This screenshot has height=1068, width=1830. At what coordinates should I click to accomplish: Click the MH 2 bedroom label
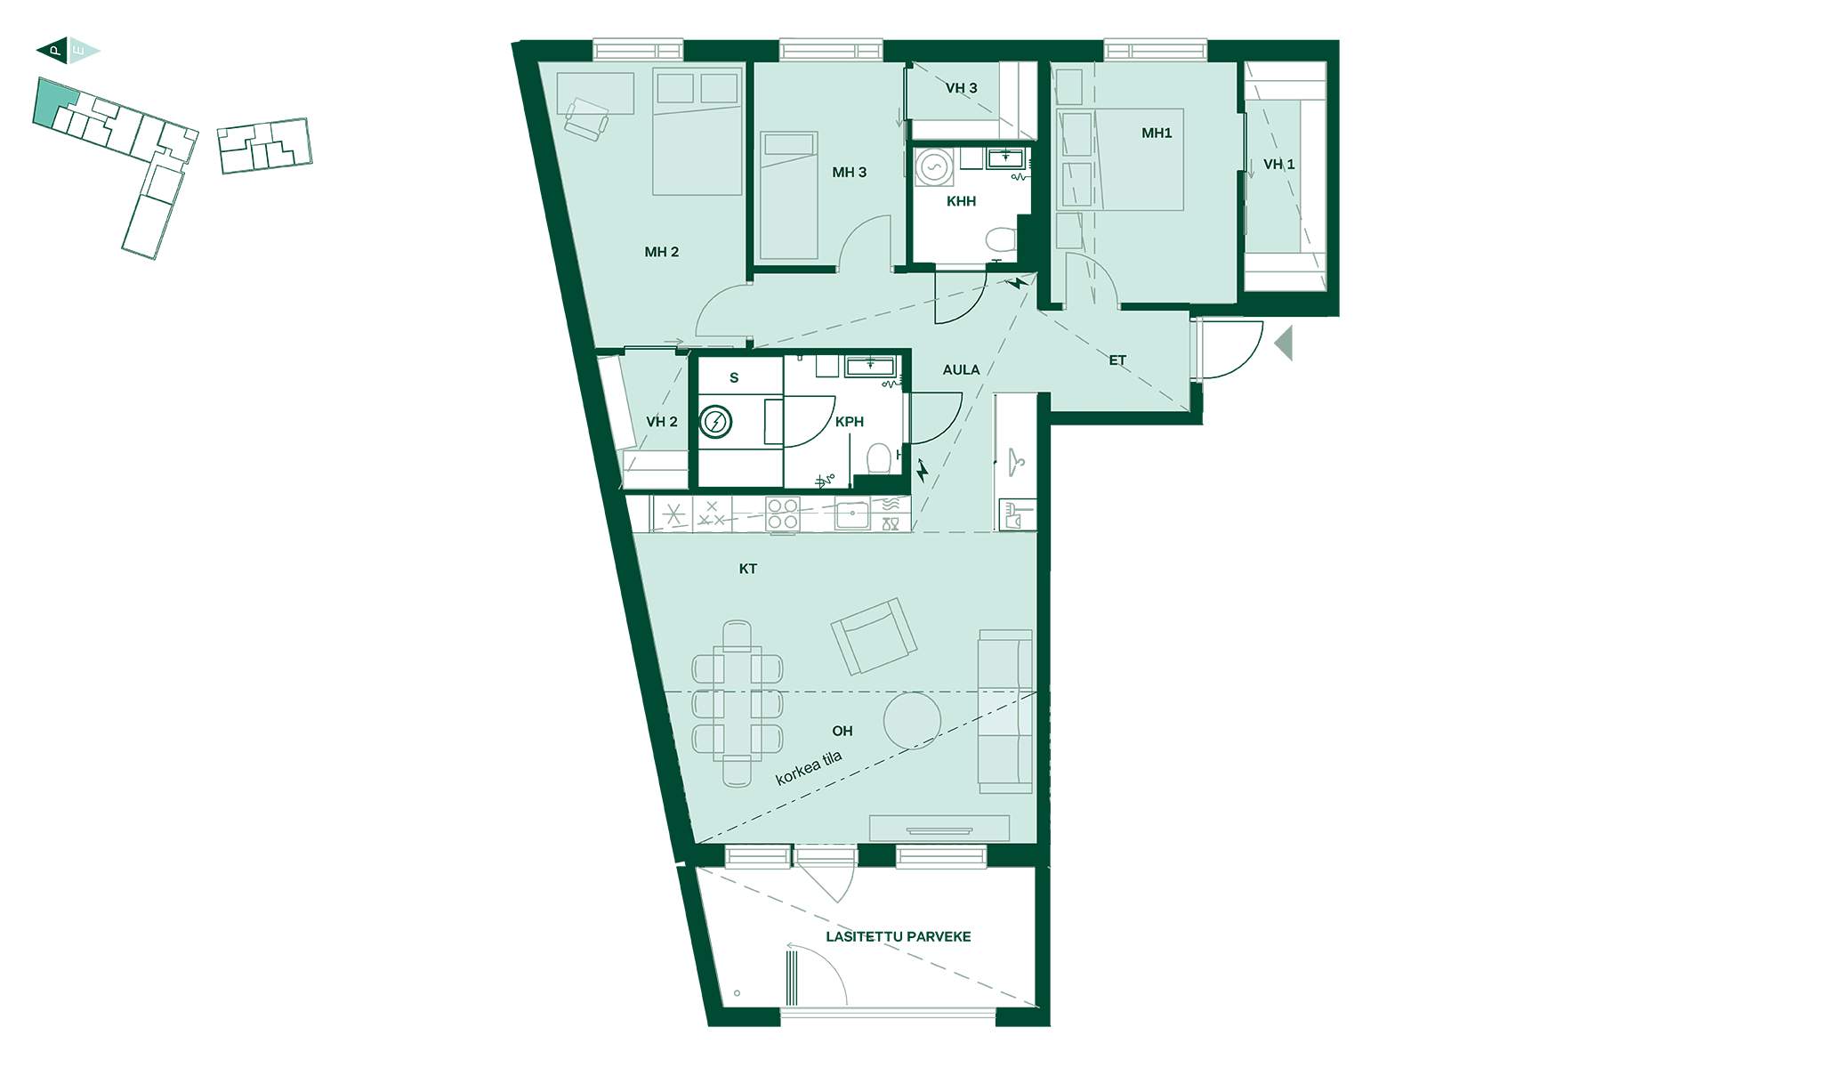pos(661,252)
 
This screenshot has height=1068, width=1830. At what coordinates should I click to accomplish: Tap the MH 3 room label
pos(849,172)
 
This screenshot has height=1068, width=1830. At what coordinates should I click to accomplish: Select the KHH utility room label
pos(961,201)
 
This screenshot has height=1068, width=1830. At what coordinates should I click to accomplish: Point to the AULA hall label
pos(961,369)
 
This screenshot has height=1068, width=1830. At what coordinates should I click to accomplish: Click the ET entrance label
pos(1117,360)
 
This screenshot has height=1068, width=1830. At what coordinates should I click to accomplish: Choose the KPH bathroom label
pos(850,422)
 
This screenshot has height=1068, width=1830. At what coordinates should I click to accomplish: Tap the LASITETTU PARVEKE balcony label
pos(898,936)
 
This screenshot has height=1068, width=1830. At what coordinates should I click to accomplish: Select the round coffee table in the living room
pos(912,720)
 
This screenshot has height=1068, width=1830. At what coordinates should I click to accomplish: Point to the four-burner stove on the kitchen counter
pos(783,514)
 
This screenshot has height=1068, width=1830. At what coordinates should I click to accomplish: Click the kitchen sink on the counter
pos(852,514)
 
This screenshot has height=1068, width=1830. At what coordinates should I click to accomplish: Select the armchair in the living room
pos(874,635)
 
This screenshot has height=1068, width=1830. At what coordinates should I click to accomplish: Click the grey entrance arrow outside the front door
pos(1283,344)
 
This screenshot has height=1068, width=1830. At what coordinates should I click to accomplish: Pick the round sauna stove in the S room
pos(715,422)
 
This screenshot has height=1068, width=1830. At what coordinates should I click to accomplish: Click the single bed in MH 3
pos(789,196)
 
